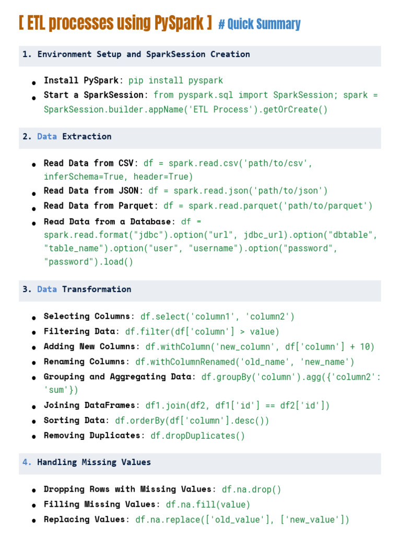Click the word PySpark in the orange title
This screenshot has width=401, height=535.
[x=179, y=23]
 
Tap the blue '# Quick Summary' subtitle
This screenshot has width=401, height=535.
[x=260, y=24]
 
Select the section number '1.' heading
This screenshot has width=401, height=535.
[x=27, y=54]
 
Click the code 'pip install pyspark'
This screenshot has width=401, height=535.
[x=175, y=80]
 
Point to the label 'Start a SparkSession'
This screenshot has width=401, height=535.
[x=93, y=95]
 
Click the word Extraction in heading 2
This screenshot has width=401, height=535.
[x=87, y=136]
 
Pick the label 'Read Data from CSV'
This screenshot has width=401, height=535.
[x=89, y=163]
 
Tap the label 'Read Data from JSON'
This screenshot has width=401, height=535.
[x=91, y=190]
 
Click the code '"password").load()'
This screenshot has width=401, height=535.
[x=88, y=262]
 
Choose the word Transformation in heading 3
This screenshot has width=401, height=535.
[x=97, y=289]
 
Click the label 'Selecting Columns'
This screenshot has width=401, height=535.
[x=87, y=316]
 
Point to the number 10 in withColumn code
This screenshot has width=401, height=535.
[x=365, y=347]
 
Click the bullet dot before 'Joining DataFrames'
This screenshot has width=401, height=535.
[x=34, y=406]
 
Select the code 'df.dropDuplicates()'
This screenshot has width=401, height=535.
[x=198, y=436]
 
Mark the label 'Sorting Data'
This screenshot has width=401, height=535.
[x=74, y=421]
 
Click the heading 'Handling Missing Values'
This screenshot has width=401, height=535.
[x=94, y=462]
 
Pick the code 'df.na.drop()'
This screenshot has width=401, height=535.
[x=252, y=489]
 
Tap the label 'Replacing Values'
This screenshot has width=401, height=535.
[x=84, y=519]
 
